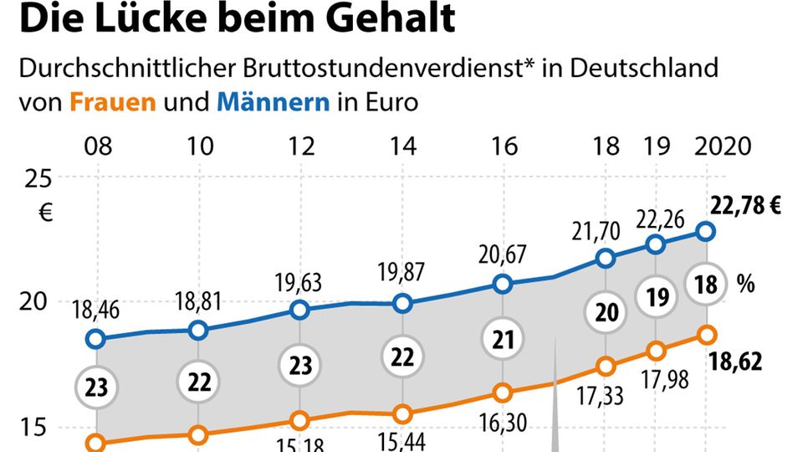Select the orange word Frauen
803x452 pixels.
click(x=113, y=103)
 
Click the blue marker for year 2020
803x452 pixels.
click(x=706, y=231)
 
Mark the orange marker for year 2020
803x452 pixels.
click(x=706, y=335)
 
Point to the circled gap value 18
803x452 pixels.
click(x=706, y=285)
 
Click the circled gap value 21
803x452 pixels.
click(x=503, y=341)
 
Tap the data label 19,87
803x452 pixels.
click(x=402, y=274)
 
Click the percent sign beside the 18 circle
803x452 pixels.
click(x=745, y=285)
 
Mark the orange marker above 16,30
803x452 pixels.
click(x=503, y=393)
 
